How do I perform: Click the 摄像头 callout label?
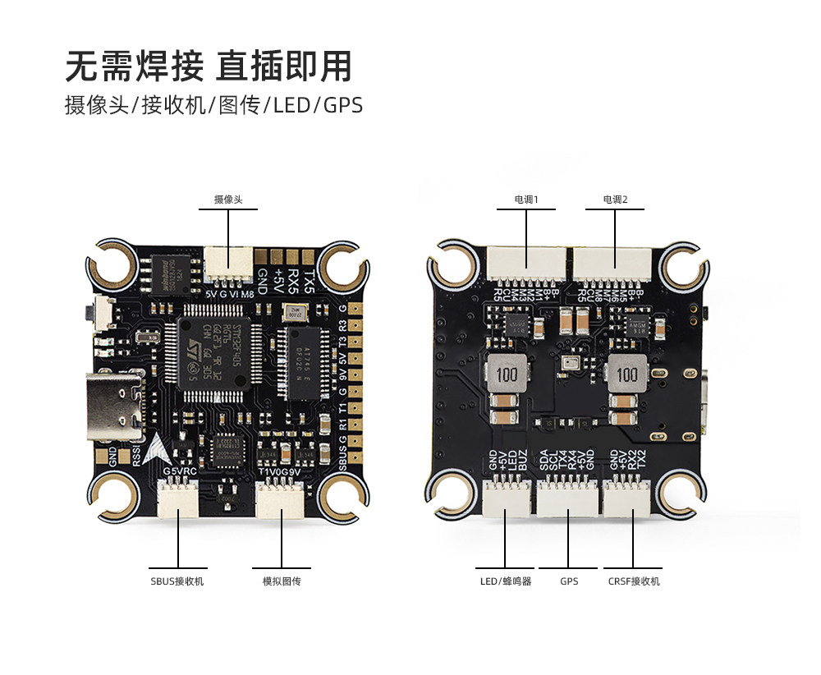(x=228, y=200)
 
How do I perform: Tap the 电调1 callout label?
(x=526, y=200)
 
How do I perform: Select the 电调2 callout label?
(x=615, y=200)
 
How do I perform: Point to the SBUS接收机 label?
(x=177, y=581)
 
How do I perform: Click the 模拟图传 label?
(x=282, y=581)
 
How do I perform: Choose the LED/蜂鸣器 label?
(x=506, y=581)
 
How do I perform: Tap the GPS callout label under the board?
(x=569, y=581)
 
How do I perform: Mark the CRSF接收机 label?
(x=634, y=581)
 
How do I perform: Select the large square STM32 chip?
(x=212, y=352)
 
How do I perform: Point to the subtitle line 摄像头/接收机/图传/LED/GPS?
(x=213, y=106)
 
